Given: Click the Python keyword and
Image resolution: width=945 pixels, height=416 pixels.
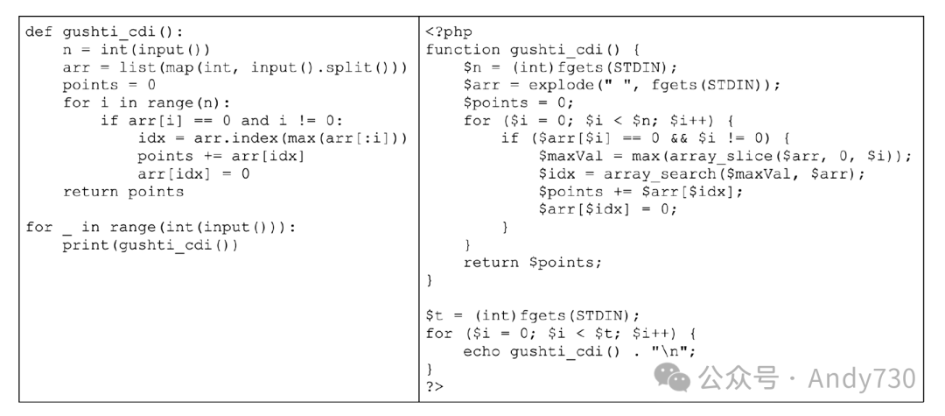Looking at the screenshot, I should point(255,121).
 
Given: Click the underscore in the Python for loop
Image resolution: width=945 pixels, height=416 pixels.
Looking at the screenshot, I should point(67,228).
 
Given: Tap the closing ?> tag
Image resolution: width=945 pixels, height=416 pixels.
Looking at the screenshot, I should point(435,385).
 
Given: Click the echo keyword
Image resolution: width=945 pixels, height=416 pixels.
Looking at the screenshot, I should point(482,351).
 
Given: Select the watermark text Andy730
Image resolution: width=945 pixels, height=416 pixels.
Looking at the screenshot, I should point(861,377).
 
